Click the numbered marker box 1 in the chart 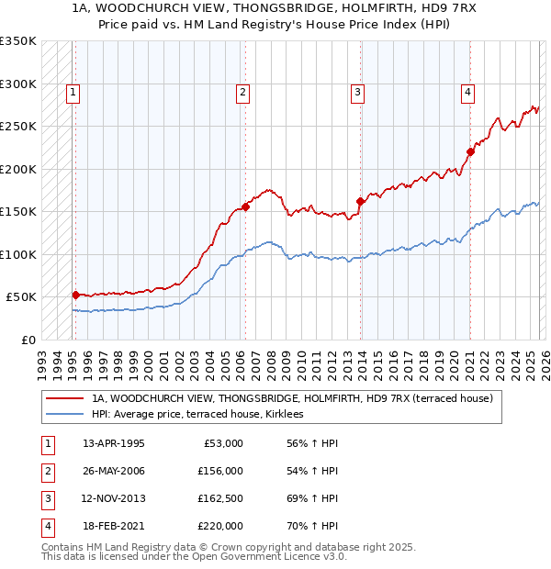73,91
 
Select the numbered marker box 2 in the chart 242,91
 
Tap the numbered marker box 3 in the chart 356,91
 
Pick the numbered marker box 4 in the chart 467,91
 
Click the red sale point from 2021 470,151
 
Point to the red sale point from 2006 246,206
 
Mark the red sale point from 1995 75,295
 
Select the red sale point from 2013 360,201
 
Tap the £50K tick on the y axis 21,297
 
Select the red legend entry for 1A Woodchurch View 292,398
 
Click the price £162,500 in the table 219,498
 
